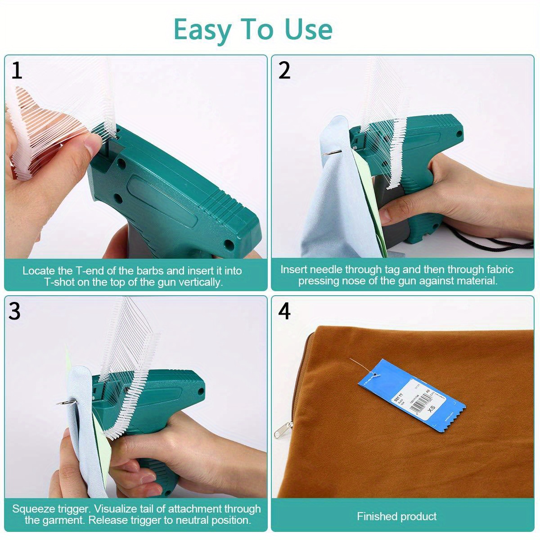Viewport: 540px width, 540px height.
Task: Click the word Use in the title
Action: (308, 30)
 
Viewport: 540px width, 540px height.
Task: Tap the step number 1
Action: (17, 71)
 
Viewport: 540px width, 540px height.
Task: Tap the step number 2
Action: (284, 71)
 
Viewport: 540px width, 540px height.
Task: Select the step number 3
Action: (15, 311)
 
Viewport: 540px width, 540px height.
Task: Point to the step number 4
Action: (284, 311)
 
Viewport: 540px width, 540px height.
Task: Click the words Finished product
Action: (396, 516)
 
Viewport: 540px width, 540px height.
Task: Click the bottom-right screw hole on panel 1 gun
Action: (229, 244)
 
